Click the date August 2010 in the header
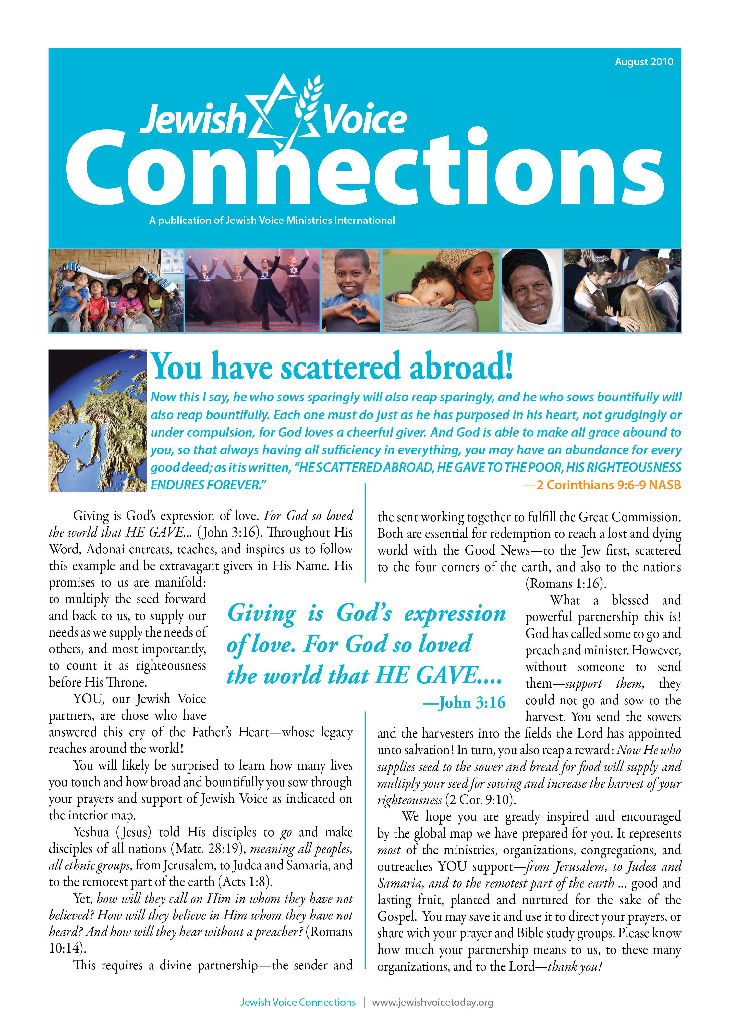click(644, 62)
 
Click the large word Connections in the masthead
click(364, 169)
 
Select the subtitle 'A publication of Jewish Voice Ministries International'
click(272, 221)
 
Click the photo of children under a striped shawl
click(116, 291)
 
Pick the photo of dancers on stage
click(252, 291)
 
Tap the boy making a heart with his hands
click(351, 291)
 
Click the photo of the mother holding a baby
click(441, 291)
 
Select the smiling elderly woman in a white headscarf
click(532, 291)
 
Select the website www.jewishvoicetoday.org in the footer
click(432, 1002)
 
